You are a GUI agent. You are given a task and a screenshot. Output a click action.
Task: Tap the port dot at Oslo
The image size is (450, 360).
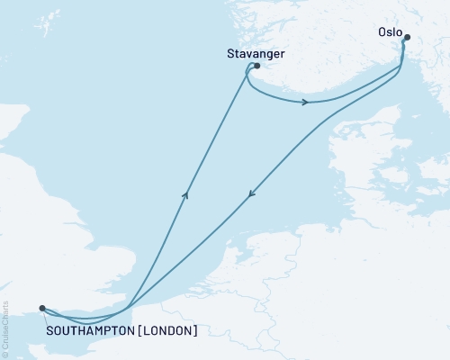407,38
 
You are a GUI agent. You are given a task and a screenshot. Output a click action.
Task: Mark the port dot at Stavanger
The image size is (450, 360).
257,66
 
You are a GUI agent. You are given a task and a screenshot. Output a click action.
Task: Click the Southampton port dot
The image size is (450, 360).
42,308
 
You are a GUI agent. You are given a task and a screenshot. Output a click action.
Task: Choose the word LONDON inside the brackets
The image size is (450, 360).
166,330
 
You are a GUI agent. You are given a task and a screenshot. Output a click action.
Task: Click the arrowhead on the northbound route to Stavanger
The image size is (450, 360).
185,193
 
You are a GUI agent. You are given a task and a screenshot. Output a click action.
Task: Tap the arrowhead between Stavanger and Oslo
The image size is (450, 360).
306,102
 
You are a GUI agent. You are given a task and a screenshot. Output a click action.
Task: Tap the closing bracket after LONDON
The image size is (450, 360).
194,330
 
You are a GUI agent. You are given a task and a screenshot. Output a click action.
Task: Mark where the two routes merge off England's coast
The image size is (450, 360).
130,307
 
